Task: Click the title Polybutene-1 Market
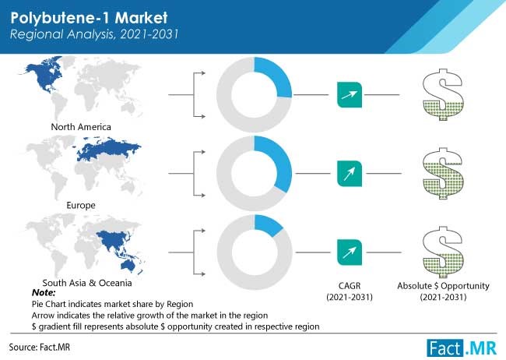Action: click(x=89, y=18)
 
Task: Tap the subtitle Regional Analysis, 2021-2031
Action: click(x=94, y=34)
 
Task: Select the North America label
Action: click(x=81, y=127)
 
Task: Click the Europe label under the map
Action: click(x=81, y=205)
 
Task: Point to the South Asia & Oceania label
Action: click(x=87, y=283)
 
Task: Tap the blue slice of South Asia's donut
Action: click(x=267, y=225)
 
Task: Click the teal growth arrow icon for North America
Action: click(x=350, y=95)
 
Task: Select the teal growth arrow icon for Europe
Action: click(x=350, y=174)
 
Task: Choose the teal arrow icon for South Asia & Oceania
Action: click(x=350, y=252)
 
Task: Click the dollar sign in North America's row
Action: click(x=444, y=94)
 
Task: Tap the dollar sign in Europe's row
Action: click(x=444, y=174)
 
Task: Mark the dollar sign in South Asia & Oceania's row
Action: click(x=444, y=252)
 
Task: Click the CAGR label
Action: click(x=350, y=286)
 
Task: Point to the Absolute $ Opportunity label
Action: click(x=444, y=286)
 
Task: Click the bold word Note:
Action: click(x=44, y=293)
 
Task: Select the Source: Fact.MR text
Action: click(x=40, y=348)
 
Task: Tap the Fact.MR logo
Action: click(x=462, y=348)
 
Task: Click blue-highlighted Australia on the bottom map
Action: click(x=128, y=265)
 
